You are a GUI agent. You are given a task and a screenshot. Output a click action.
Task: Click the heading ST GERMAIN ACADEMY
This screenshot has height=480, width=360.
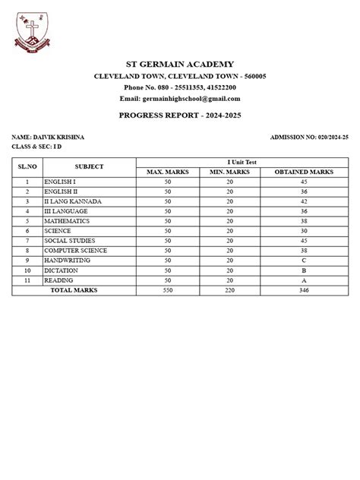tap(179, 65)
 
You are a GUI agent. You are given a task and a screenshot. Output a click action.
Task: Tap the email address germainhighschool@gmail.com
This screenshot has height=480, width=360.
tap(179, 99)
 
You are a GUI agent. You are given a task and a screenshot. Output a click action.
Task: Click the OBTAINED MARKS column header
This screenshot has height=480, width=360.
tap(303, 172)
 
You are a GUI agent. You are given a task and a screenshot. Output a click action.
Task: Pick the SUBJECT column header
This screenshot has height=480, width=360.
tap(89, 166)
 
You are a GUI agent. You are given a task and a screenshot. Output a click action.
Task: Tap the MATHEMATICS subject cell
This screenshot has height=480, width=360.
tap(67, 221)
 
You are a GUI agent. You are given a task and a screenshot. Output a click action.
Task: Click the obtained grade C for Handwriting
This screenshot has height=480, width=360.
tap(303, 261)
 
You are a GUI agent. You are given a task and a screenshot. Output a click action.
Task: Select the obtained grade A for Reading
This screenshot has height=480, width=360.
tap(303, 280)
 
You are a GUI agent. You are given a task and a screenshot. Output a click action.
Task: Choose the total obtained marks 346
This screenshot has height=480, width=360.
tap(303, 290)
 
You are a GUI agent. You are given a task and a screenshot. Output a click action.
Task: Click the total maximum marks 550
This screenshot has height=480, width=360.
tap(168, 290)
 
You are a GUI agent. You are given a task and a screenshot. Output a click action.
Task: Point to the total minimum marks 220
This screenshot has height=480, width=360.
tap(229, 290)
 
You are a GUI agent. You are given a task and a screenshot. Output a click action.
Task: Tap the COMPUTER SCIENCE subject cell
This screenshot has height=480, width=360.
tap(75, 251)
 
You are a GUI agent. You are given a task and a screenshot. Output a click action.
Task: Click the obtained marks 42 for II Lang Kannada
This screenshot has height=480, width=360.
tap(303, 201)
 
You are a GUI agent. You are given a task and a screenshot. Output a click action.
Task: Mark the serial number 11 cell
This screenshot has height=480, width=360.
tap(27, 280)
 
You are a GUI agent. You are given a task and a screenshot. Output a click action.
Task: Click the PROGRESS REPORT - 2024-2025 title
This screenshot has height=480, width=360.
tap(179, 114)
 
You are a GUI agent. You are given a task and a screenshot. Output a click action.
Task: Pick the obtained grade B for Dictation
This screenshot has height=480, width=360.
tap(303, 270)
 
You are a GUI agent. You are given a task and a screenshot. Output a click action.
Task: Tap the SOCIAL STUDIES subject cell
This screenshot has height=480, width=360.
tap(70, 241)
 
